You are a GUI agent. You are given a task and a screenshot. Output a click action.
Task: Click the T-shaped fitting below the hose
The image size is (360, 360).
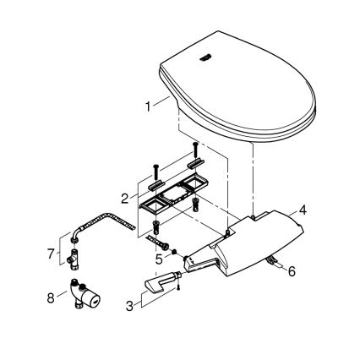point(78,259)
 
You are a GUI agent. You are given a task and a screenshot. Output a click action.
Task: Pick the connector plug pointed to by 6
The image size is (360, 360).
point(273,264)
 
